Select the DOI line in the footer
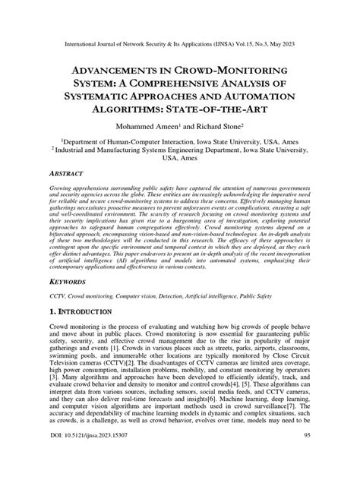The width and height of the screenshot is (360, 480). pos(78,456)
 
